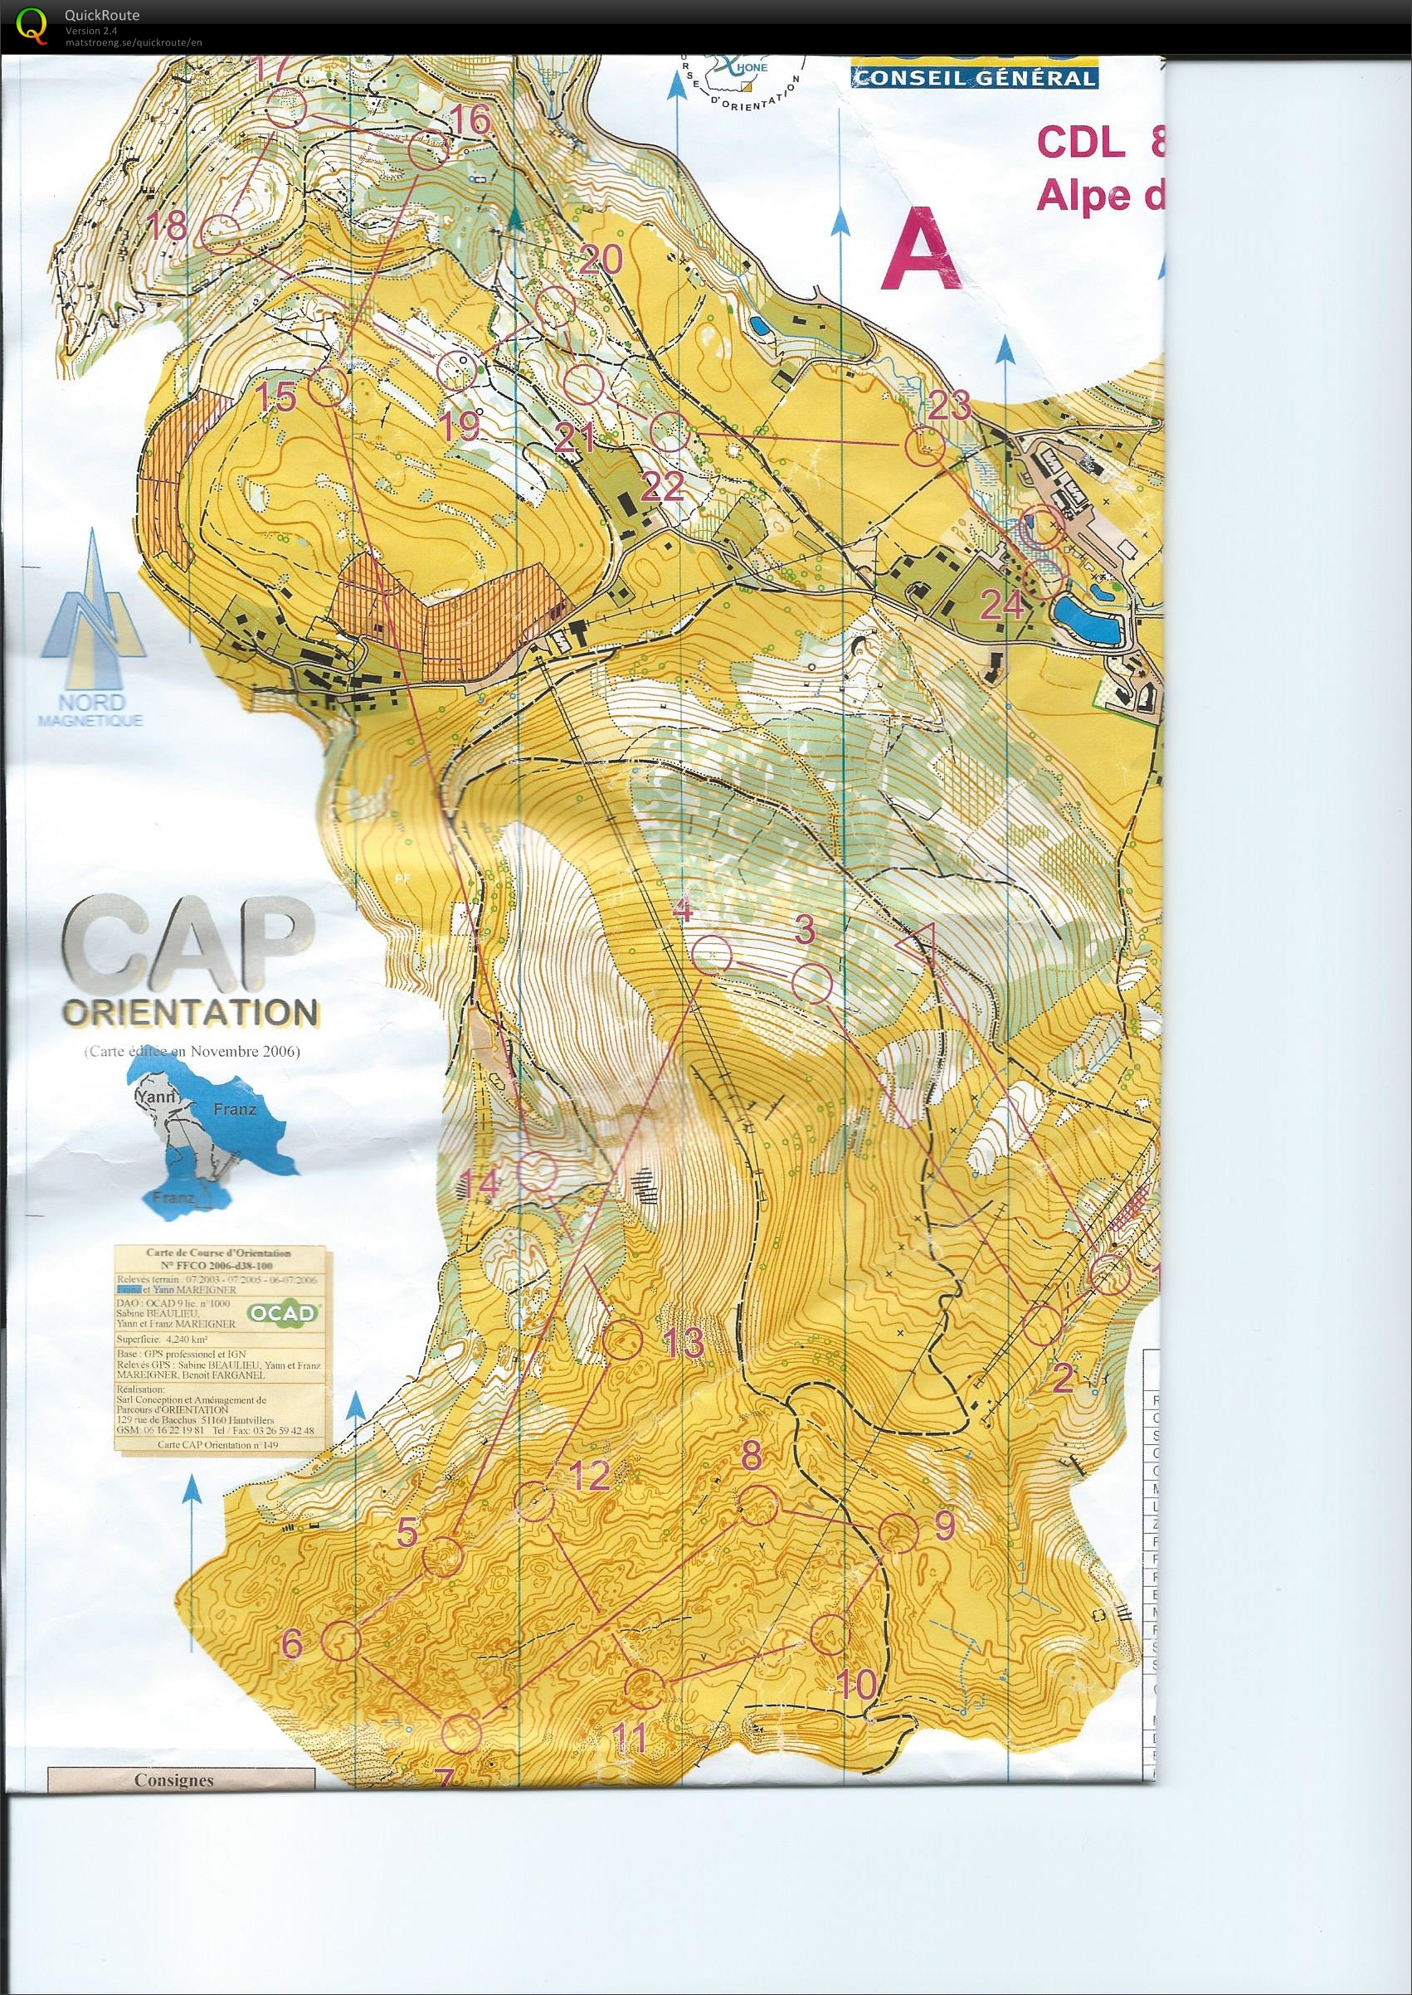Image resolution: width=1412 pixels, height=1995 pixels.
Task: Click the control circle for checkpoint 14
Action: tap(537, 1171)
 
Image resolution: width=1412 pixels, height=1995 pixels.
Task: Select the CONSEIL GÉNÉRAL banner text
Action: tap(974, 77)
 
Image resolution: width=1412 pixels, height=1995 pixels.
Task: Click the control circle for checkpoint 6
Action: tap(341, 1639)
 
